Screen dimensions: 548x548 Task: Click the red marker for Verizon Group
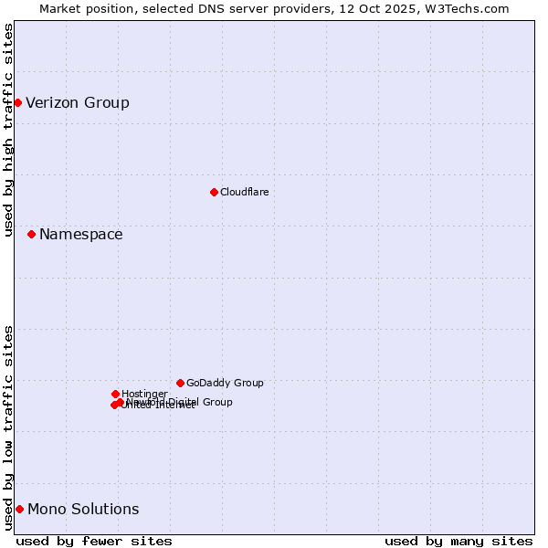[x=17, y=102]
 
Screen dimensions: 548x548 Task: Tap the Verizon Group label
[x=78, y=102]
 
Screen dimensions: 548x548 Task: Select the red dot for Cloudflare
[x=214, y=192]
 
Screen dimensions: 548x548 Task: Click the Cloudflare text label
[x=244, y=192]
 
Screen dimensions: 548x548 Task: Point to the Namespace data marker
[x=31, y=235]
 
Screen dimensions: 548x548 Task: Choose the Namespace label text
[x=80, y=235]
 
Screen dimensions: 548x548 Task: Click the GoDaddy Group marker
[x=180, y=383]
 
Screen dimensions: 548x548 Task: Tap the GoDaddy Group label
[x=225, y=383]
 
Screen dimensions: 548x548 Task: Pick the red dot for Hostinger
[x=115, y=394]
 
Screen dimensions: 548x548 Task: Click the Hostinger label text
[x=144, y=394]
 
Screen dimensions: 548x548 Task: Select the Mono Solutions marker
[x=19, y=509]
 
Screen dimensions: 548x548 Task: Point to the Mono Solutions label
[x=83, y=509]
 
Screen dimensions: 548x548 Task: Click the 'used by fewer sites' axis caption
[x=94, y=542]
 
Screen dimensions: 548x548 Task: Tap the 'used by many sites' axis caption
[x=458, y=542]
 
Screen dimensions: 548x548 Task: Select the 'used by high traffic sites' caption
[x=9, y=130]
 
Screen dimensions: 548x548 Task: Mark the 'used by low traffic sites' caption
[x=9, y=427]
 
